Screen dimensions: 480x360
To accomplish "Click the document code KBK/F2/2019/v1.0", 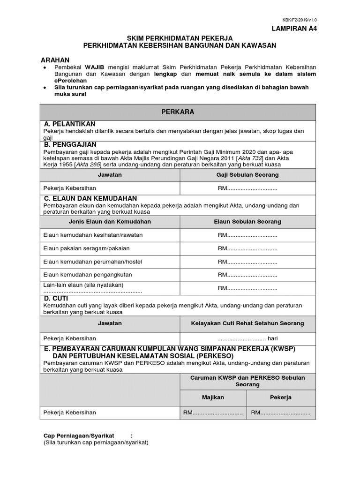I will pyautogui.click(x=299, y=20).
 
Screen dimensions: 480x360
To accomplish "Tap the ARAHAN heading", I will pyautogui.click(x=55, y=60).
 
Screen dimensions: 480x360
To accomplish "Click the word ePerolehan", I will pyautogui.click(x=72, y=81).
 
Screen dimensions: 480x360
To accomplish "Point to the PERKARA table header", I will pyautogui.click(x=178, y=112).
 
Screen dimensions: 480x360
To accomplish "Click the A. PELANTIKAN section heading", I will pyautogui.click(x=70, y=124).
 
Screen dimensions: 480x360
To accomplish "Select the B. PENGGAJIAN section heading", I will pyautogui.click(x=70, y=144).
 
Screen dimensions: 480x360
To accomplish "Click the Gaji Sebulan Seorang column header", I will pyautogui.click(x=247, y=174).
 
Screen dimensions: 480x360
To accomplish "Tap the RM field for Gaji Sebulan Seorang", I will pyautogui.click(x=247, y=188).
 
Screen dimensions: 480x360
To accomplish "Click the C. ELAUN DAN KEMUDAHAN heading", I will pyautogui.click(x=90, y=199).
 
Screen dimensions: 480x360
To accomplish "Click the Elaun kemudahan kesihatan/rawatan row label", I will pyautogui.click(x=93, y=235).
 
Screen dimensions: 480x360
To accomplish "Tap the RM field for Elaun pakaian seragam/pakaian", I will pyautogui.click(x=247, y=248).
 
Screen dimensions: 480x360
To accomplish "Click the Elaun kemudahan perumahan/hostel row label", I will pyautogui.click(x=92, y=262).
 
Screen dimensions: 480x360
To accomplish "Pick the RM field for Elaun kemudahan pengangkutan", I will pyautogui.click(x=247, y=275).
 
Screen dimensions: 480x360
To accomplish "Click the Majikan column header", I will pyautogui.click(x=213, y=397).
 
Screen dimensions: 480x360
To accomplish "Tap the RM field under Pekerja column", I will pyautogui.click(x=280, y=412).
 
